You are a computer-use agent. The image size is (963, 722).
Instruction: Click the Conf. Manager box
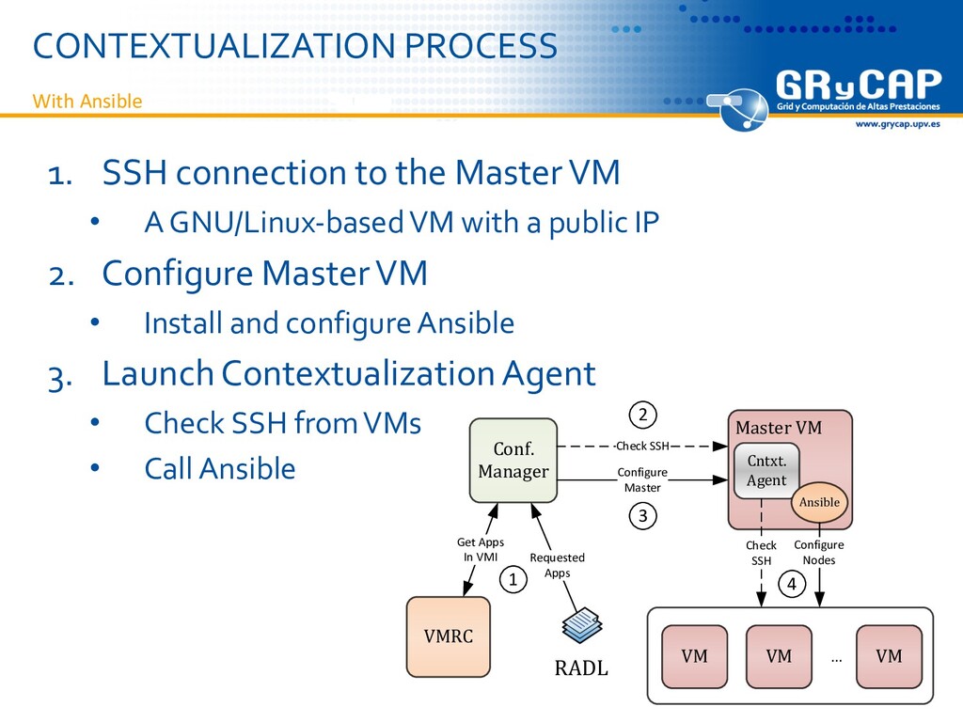(513, 461)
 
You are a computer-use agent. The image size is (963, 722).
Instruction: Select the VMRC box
(448, 636)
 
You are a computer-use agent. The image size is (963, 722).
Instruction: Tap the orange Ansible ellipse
(819, 502)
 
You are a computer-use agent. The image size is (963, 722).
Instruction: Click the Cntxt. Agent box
(766, 471)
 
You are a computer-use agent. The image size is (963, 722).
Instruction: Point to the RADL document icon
(581, 624)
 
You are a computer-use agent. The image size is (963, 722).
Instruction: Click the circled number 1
(513, 581)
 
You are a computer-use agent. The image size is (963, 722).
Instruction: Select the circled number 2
(643, 415)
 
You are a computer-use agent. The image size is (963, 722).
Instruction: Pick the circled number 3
(643, 516)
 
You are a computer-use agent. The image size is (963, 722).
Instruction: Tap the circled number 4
(791, 585)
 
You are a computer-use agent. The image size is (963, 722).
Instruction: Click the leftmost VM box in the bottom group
(695, 656)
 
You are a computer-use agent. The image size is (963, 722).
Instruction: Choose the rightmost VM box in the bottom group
(888, 656)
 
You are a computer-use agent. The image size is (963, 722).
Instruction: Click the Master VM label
(778, 429)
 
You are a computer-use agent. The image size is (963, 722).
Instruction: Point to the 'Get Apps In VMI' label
(481, 549)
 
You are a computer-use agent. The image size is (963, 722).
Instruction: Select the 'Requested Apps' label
(557, 565)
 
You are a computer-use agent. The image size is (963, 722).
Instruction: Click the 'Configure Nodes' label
(819, 553)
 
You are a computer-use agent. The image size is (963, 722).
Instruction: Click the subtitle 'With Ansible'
(87, 102)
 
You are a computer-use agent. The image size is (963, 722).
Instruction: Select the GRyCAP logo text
(857, 89)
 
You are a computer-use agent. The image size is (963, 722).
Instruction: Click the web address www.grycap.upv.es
(896, 125)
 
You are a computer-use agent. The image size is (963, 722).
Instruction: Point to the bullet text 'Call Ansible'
(219, 468)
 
